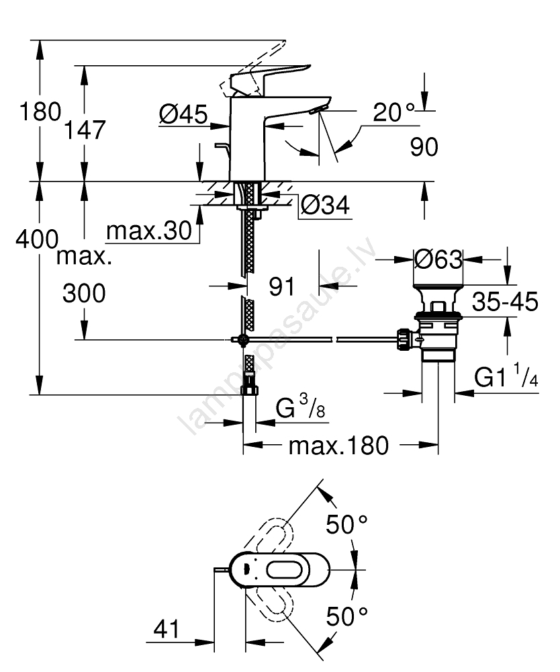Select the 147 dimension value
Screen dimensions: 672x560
[87, 130]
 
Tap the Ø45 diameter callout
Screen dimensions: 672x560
[182, 117]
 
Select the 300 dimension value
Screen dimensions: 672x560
[84, 293]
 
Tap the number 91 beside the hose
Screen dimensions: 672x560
[282, 287]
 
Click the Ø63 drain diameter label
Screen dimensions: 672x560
[438, 259]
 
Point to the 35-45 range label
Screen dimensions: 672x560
[505, 303]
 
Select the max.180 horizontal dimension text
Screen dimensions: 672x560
[338, 446]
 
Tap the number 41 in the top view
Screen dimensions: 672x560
[167, 630]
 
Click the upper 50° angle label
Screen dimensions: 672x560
[347, 525]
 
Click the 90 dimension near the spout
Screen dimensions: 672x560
[423, 146]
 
